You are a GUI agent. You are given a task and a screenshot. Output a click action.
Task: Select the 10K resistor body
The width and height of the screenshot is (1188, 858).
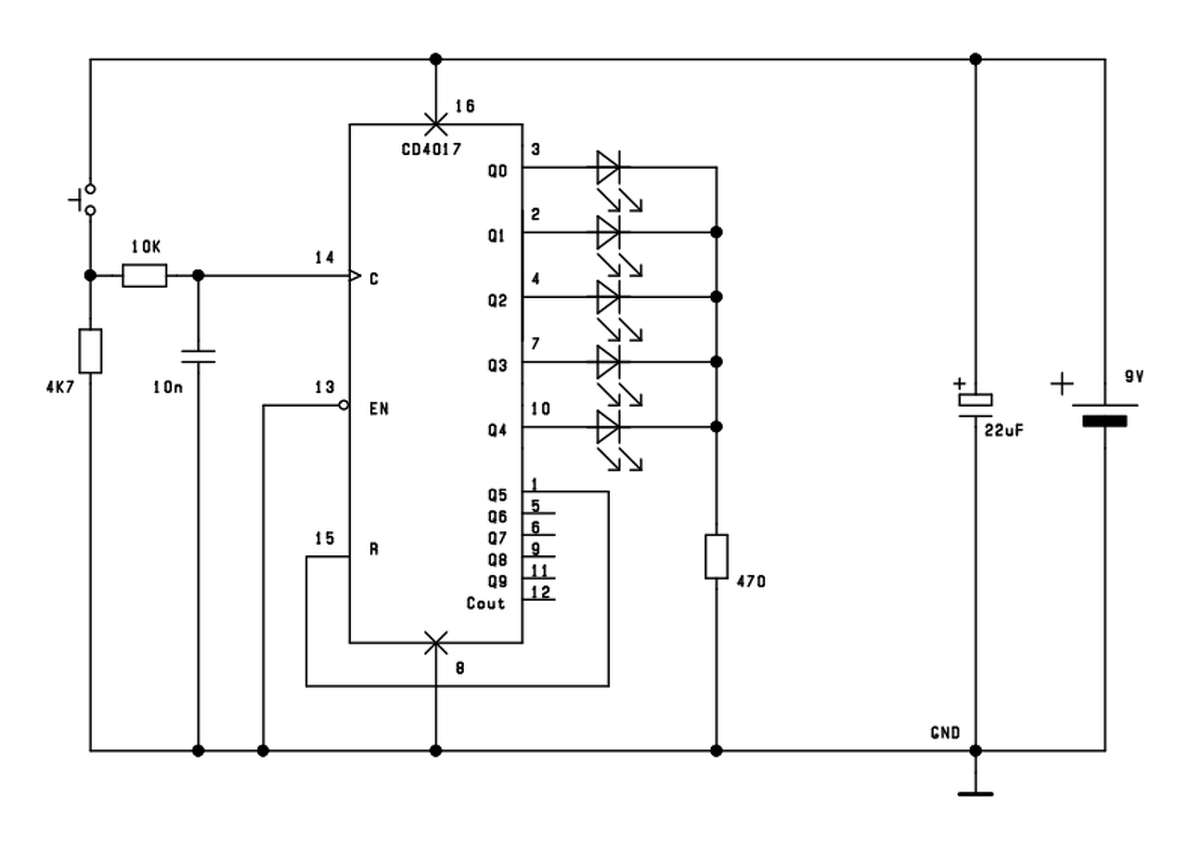pos(145,276)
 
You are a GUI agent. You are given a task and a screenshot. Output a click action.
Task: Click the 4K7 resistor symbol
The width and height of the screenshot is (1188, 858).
pos(90,351)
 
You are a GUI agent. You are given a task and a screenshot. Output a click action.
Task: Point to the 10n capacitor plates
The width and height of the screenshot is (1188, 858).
pos(198,356)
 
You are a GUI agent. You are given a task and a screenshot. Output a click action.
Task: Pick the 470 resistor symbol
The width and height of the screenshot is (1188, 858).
pos(716,556)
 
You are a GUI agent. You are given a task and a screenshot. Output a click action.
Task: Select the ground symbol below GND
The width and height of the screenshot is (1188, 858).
pos(975,793)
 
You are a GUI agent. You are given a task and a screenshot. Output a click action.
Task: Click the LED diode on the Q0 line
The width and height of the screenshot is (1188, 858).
pos(609,168)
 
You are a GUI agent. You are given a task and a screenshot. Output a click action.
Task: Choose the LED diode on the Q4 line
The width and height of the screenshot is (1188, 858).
pos(609,427)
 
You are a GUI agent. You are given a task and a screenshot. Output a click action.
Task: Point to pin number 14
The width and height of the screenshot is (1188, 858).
pos(324,257)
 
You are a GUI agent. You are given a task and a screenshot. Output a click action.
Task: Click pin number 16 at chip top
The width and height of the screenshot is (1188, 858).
pos(464,107)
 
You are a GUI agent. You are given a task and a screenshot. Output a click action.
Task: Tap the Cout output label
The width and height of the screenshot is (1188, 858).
pos(485,604)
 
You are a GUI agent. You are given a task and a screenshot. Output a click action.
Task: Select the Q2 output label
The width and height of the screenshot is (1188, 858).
pos(497,301)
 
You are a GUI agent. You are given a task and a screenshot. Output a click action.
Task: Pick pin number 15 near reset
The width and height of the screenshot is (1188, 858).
pos(324,538)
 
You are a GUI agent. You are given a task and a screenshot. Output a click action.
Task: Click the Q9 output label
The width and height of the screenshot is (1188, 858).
pos(497,582)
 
